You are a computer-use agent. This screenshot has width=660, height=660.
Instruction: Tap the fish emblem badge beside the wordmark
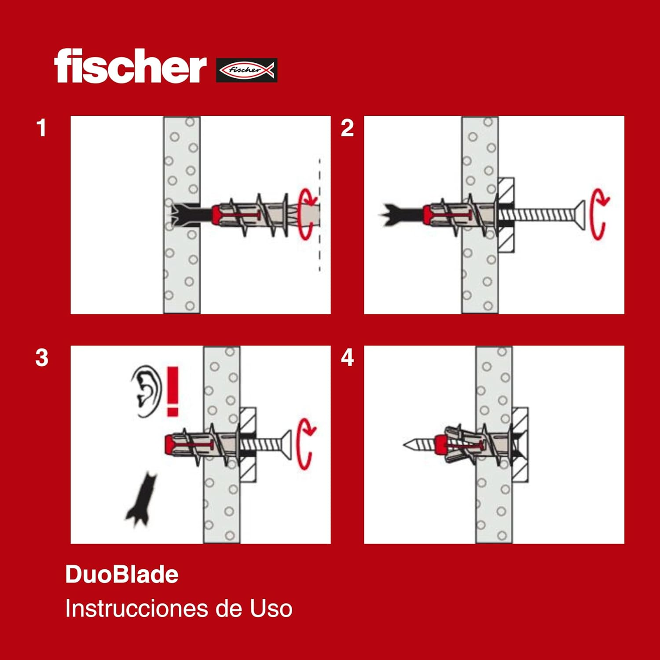pos(246,70)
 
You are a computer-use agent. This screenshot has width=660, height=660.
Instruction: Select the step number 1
pos(41,128)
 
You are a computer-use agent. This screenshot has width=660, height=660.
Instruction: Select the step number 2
pos(347,128)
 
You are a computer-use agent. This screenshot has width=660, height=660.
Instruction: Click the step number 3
pos(42,358)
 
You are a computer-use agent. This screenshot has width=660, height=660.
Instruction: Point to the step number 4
pos(347,358)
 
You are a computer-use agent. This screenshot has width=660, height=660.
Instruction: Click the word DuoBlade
pos(122,575)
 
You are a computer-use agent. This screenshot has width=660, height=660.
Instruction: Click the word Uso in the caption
pos(271,609)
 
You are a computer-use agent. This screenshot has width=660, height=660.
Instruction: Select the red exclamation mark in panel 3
pos(172,391)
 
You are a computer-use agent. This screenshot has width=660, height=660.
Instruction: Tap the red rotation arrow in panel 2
pos(599,214)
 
